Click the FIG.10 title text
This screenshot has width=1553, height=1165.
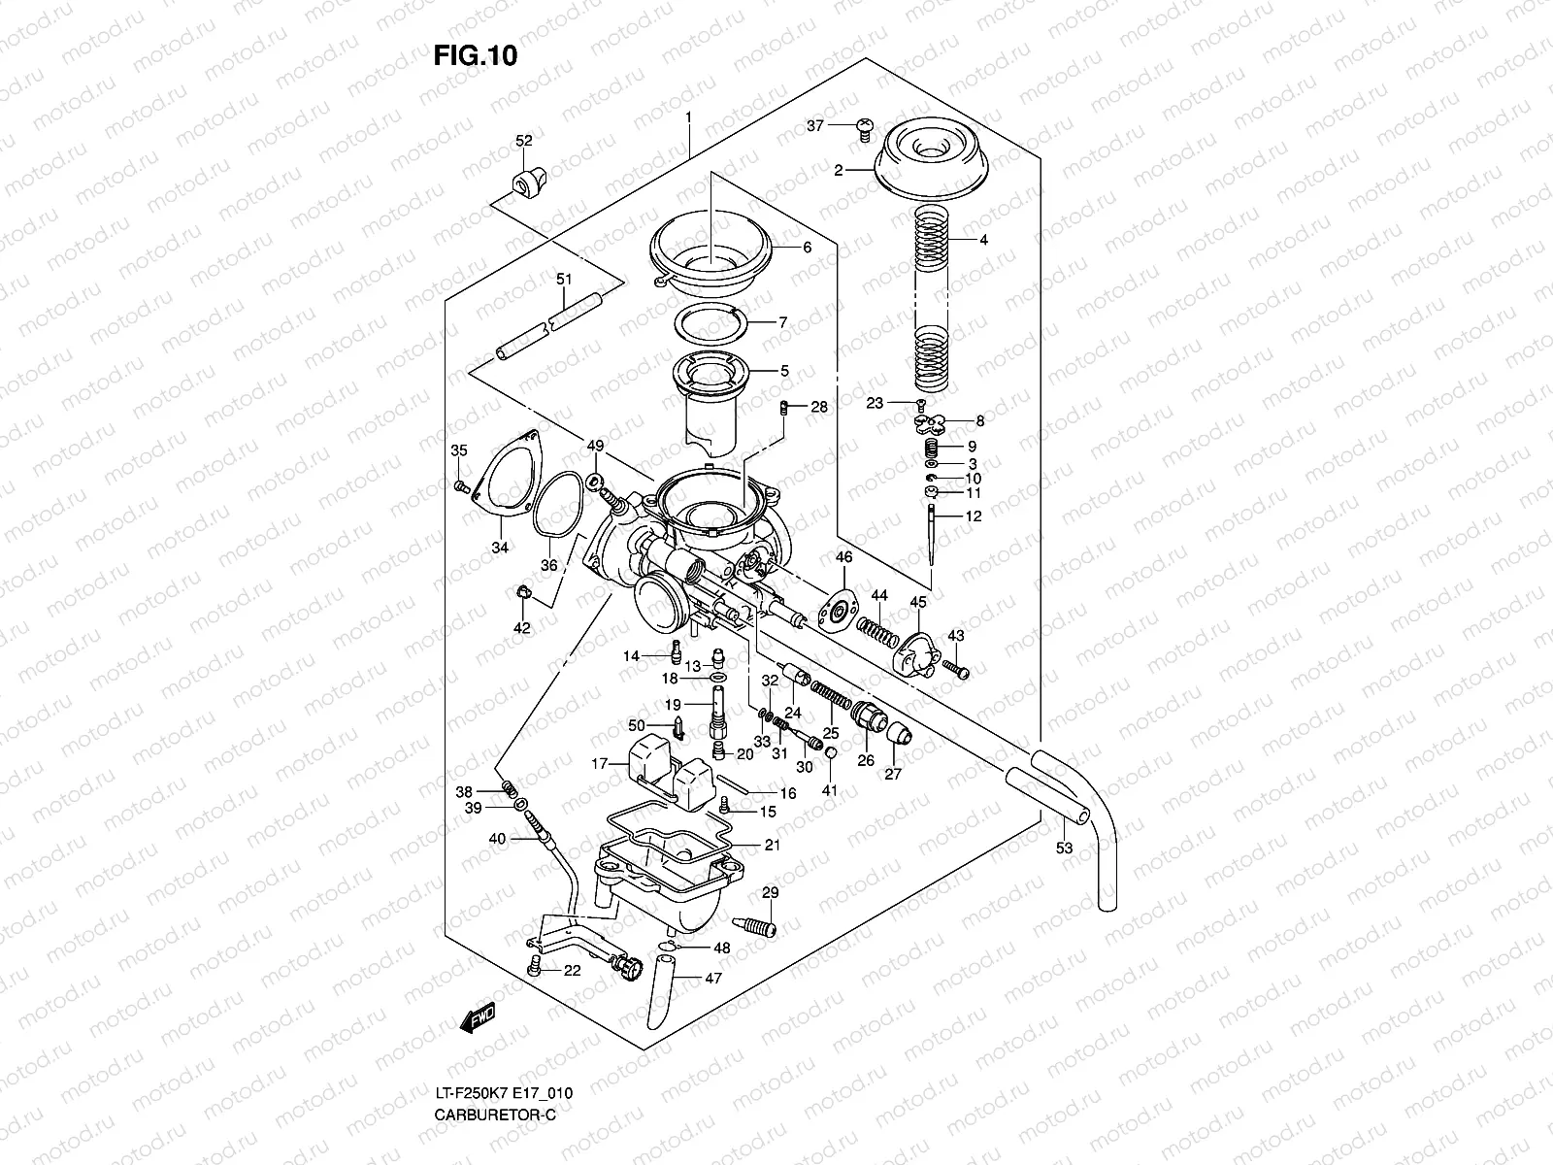point(475,55)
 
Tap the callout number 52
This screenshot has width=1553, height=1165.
point(524,141)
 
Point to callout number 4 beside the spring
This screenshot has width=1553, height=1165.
point(983,239)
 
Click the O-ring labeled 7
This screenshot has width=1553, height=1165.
point(710,320)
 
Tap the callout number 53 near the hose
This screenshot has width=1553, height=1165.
point(1064,848)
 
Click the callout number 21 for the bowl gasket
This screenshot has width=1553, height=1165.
point(772,845)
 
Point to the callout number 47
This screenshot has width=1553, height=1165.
point(714,979)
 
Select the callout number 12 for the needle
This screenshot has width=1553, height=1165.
point(974,516)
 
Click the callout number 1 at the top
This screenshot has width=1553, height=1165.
point(688,117)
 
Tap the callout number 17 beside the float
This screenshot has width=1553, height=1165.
point(600,765)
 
